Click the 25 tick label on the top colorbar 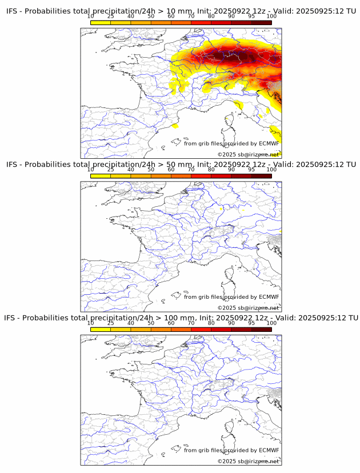(x=110, y=17)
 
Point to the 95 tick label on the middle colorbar (x=251, y=170)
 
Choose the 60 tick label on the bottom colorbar (x=171, y=323)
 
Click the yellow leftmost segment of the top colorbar (x=100, y=22)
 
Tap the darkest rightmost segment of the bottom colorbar (x=261, y=330)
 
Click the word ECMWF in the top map (x=269, y=143)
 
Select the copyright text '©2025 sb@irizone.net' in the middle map (x=248, y=308)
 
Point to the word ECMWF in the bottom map (x=269, y=450)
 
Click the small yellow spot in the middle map (x=219, y=209)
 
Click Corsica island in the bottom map (x=231, y=430)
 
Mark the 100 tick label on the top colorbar (x=271, y=17)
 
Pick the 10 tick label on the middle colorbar (x=90, y=170)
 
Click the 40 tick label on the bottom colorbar (x=131, y=323)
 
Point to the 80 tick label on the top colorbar (x=211, y=17)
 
